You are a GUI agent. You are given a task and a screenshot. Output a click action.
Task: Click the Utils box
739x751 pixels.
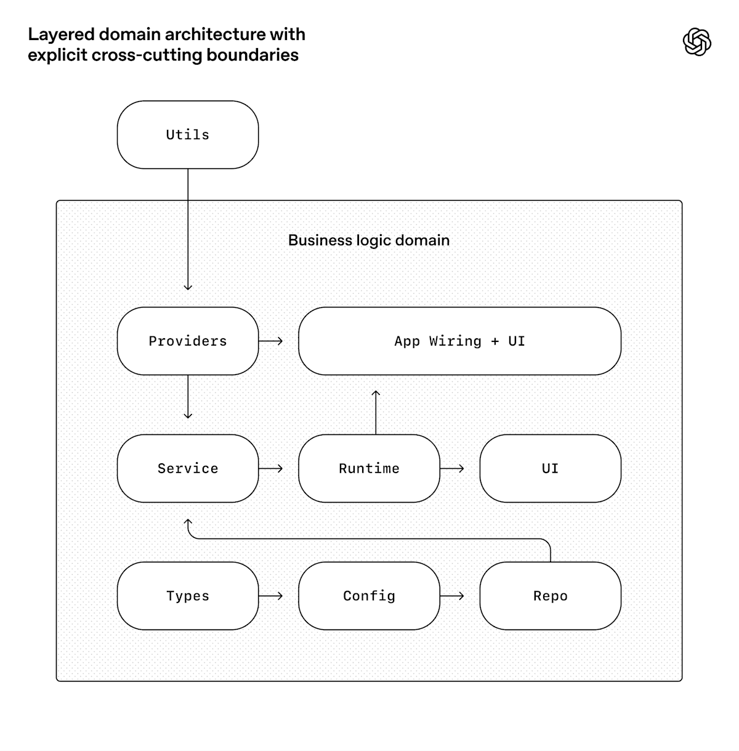click(188, 135)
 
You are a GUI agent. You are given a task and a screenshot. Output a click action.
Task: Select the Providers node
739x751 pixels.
click(188, 341)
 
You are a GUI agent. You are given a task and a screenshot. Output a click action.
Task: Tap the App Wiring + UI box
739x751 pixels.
click(459, 341)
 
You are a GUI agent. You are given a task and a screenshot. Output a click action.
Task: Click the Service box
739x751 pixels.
click(188, 469)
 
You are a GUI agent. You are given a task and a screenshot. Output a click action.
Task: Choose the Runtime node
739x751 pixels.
click(369, 469)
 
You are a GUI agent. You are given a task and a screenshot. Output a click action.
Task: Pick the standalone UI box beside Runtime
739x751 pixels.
click(550, 469)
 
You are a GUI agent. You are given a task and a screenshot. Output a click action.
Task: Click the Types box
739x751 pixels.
click(188, 596)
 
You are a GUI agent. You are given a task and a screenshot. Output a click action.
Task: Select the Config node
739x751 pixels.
click(369, 596)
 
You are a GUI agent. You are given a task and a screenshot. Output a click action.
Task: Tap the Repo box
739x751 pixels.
click(550, 596)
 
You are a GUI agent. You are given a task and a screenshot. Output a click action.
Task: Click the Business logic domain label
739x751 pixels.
click(369, 240)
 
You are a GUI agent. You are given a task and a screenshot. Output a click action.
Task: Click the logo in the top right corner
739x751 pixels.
click(697, 42)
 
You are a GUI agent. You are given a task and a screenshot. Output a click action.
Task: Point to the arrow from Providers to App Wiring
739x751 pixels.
click(271, 341)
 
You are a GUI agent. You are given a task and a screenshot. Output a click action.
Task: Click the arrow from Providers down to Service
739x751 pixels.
click(188, 397)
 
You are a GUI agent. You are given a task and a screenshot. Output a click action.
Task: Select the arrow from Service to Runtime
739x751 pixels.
click(271, 468)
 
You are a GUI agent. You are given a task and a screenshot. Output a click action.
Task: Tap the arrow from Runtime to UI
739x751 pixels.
click(453, 468)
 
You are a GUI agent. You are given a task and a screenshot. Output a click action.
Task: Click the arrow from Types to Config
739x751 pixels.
click(271, 596)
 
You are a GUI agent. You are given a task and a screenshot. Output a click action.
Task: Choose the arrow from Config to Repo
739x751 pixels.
click(453, 596)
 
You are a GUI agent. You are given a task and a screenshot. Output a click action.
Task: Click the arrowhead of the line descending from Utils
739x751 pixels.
click(188, 286)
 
